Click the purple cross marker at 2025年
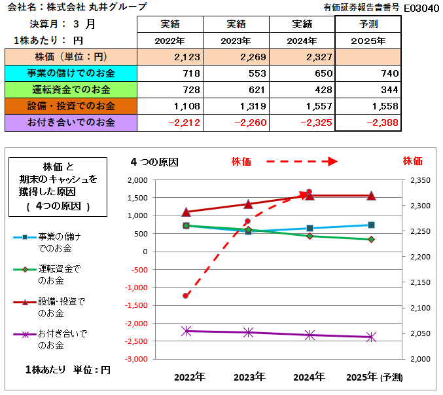point(371,337)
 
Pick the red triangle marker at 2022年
point(186,212)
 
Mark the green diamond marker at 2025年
point(371,240)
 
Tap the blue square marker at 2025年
point(371,225)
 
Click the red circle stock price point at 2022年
point(186,295)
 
